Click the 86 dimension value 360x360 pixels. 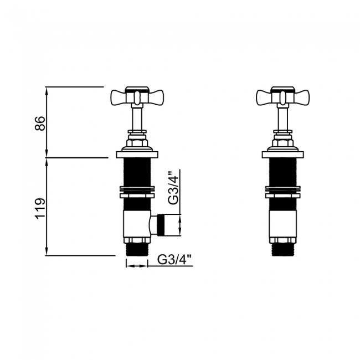pyautogui.click(x=39, y=122)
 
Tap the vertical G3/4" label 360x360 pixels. pyautogui.click(x=173, y=188)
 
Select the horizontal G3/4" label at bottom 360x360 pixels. pyautogui.click(x=174, y=259)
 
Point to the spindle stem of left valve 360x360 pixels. pyautogui.click(x=137, y=118)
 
